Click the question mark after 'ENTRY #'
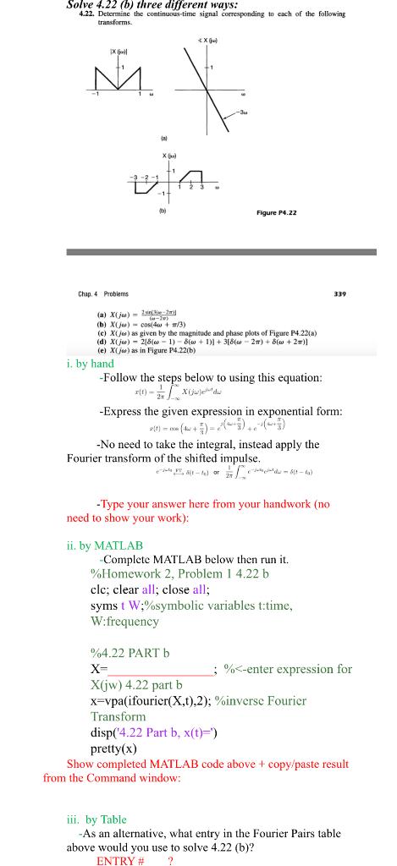click(x=170, y=861)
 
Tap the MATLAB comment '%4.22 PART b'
click(x=130, y=652)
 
